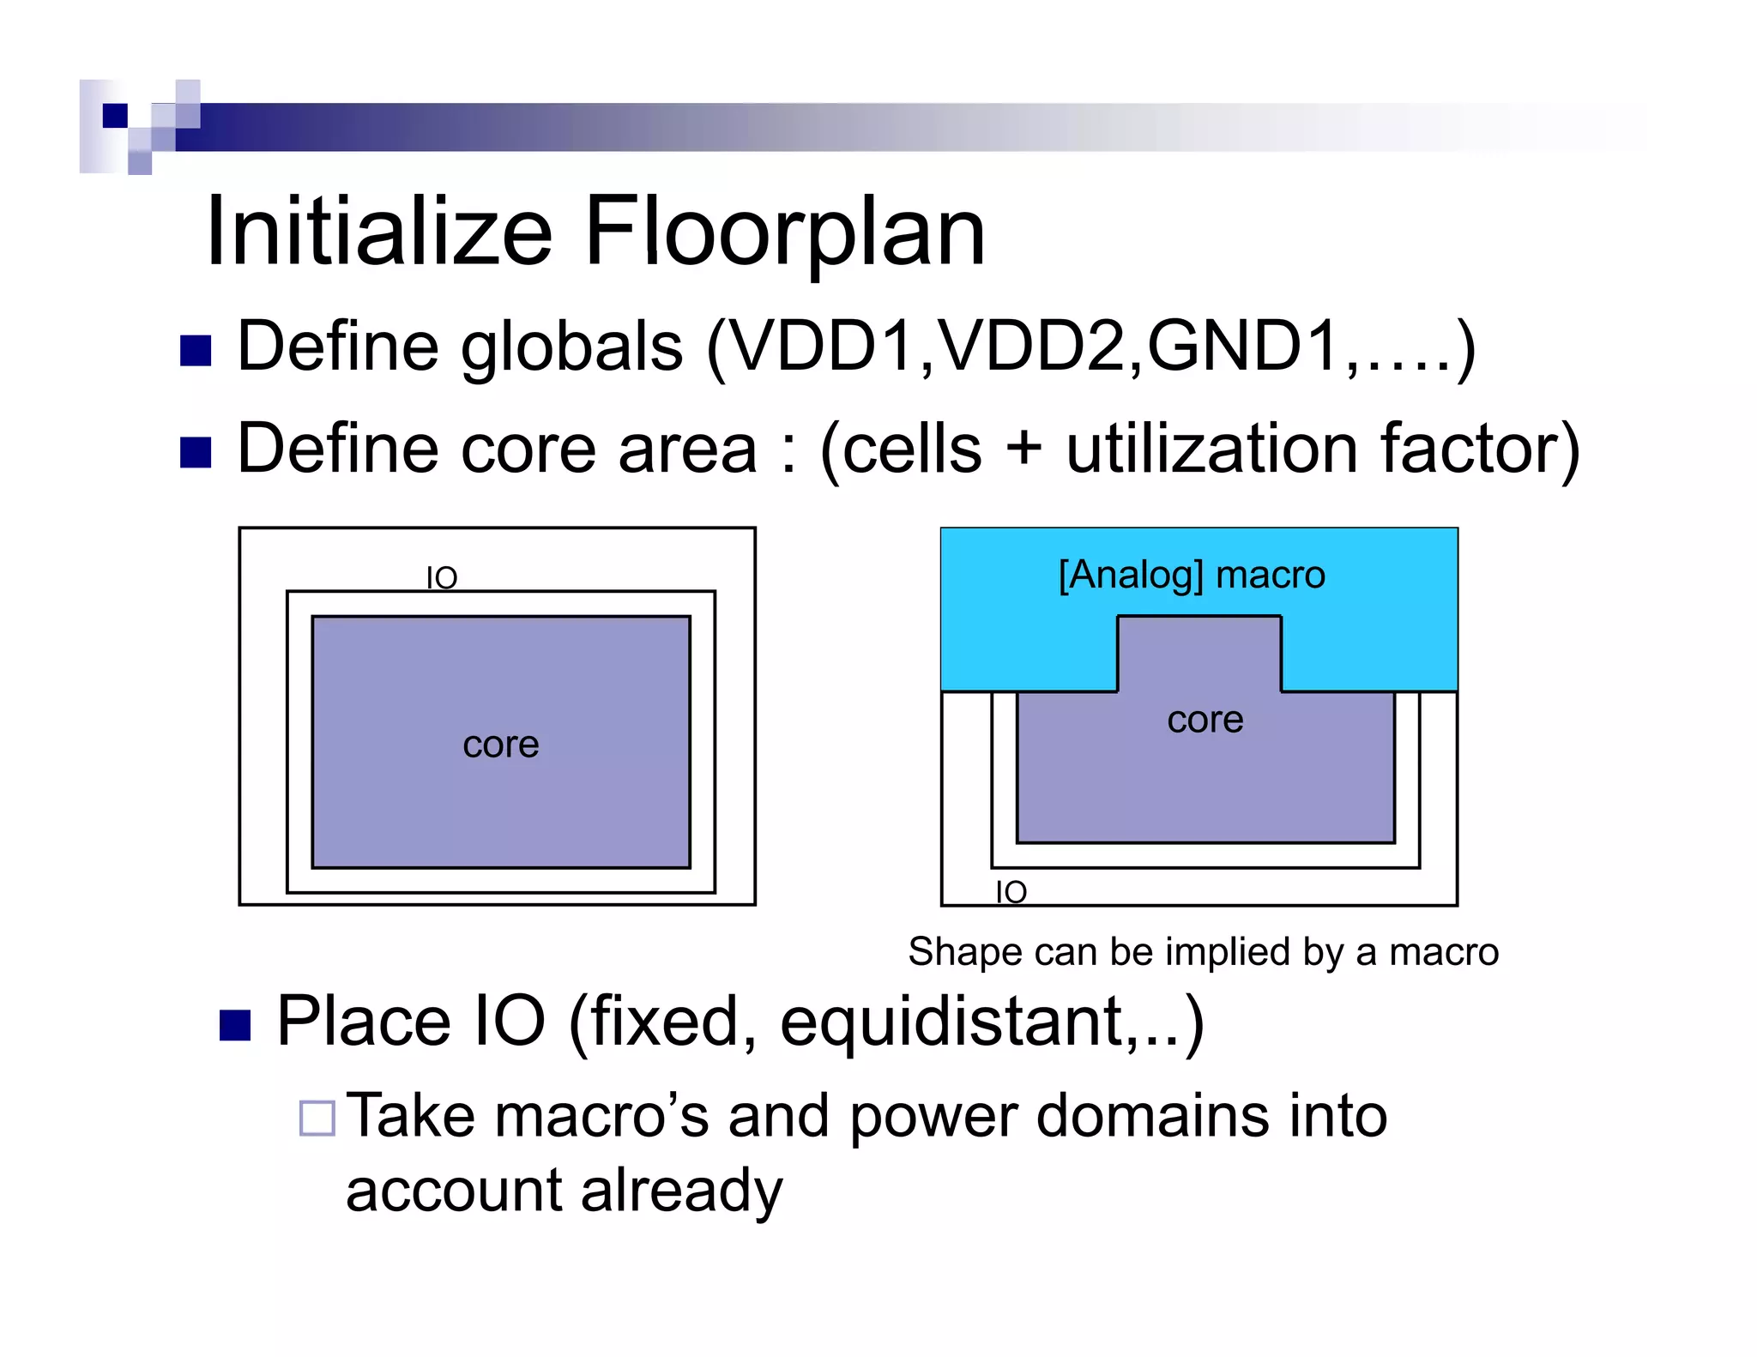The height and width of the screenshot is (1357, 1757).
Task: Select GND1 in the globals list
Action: (1243, 347)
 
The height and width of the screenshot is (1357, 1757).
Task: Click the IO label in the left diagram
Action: (442, 578)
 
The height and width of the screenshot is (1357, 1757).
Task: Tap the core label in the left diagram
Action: (501, 745)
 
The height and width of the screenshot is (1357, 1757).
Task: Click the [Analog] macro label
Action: (1191, 575)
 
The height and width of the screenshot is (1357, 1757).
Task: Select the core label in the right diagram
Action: (1205, 720)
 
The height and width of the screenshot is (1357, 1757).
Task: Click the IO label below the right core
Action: (1011, 892)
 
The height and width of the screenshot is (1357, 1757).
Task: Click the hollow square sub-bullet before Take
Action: (317, 1118)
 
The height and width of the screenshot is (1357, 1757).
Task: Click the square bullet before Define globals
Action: (196, 351)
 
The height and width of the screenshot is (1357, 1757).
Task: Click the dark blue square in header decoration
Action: (115, 115)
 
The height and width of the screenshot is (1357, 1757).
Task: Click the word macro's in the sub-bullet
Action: (601, 1116)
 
